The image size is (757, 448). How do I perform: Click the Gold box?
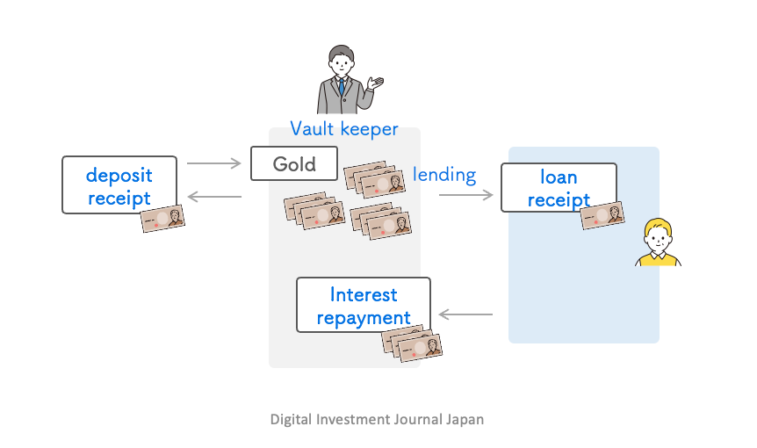coord(294,163)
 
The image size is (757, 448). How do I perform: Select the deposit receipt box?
coord(119,184)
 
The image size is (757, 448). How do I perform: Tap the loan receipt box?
coord(559,187)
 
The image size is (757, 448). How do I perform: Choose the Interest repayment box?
coord(363,305)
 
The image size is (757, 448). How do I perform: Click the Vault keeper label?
coord(344,129)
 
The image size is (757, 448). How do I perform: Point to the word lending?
coord(444,174)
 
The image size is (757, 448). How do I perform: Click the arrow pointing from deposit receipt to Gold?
coord(213,163)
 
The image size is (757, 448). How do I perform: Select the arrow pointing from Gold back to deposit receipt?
coord(213,198)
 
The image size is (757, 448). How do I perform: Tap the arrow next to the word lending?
coord(465,195)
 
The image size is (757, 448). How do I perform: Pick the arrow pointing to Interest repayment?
coord(465,314)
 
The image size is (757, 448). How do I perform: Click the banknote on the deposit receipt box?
coord(163,219)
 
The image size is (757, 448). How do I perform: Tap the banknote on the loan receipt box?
coord(602,216)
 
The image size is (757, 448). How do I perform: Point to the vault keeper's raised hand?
coord(377,83)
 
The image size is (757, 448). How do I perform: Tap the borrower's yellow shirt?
coord(658,259)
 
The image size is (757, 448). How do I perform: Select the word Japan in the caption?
coord(465,419)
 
